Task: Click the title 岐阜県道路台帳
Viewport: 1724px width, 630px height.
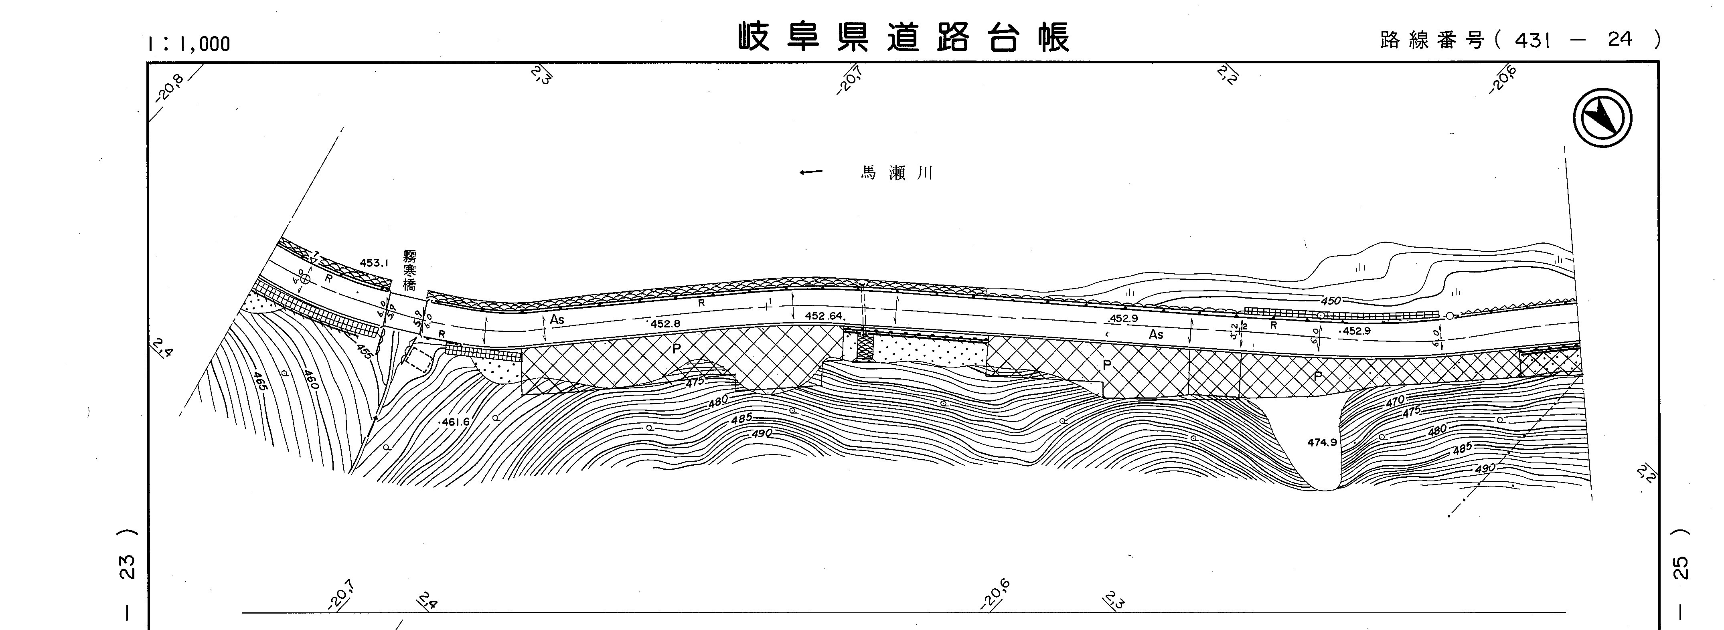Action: tap(904, 37)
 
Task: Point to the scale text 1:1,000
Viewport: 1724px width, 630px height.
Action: tap(189, 44)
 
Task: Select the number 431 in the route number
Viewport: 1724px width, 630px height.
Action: tap(1533, 40)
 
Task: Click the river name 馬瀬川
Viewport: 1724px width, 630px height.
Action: tap(896, 173)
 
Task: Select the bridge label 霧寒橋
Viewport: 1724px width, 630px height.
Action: tap(409, 270)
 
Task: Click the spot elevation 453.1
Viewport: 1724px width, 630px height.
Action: tap(374, 263)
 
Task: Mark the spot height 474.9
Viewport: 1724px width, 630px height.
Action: tap(1322, 442)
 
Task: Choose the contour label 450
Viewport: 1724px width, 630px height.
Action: tap(1331, 301)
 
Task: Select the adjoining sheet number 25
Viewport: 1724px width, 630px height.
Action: tap(1681, 568)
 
